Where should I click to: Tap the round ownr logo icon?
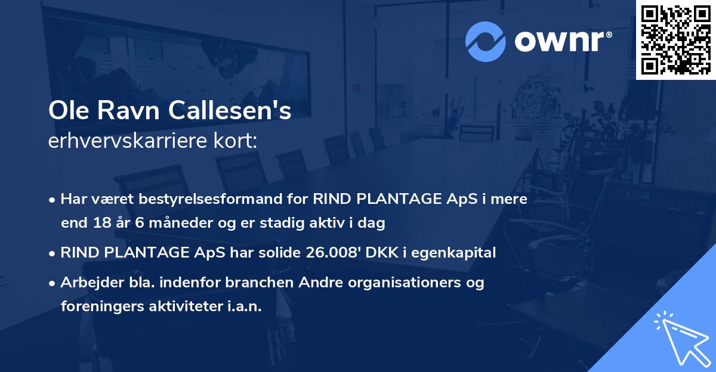[485, 41]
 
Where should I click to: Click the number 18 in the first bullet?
[100, 223]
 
